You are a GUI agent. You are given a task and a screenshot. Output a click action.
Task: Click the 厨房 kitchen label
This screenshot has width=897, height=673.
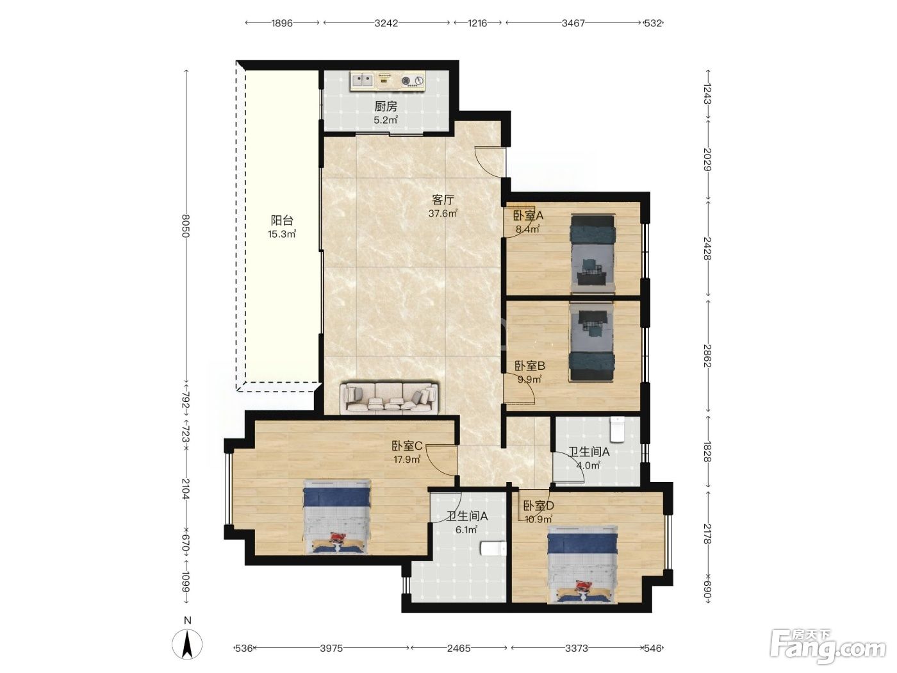coord(385,106)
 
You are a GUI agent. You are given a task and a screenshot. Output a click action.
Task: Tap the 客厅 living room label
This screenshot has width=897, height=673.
coord(443,200)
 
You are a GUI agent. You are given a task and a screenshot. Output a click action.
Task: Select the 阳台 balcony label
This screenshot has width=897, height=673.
coord(282,220)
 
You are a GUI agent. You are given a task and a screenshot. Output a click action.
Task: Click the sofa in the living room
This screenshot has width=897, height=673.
coord(389,398)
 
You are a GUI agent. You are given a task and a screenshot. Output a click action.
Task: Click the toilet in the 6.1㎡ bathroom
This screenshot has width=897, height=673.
coord(493,549)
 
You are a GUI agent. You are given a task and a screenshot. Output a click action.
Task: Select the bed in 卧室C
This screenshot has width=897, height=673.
coord(337,517)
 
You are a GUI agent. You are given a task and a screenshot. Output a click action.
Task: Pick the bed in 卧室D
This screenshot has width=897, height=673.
coord(582,564)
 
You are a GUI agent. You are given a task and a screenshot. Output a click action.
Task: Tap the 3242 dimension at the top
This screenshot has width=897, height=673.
coord(386,23)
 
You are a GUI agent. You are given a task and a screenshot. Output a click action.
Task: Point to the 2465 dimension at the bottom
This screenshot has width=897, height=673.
coord(459,648)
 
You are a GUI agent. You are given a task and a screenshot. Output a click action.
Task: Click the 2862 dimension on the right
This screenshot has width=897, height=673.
coord(707,356)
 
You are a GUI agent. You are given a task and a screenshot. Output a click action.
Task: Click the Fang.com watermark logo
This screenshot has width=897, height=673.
coord(828,647)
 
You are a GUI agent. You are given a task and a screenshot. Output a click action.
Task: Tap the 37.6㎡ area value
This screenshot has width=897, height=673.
coord(443,213)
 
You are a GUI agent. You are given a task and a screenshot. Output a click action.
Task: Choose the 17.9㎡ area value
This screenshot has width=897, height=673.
coord(407,460)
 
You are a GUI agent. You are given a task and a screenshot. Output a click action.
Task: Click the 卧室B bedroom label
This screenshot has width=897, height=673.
coord(530,365)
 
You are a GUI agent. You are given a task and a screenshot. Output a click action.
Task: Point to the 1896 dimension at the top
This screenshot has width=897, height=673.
coord(282,23)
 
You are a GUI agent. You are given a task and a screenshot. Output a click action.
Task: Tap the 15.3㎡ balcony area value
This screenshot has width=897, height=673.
coord(282,234)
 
